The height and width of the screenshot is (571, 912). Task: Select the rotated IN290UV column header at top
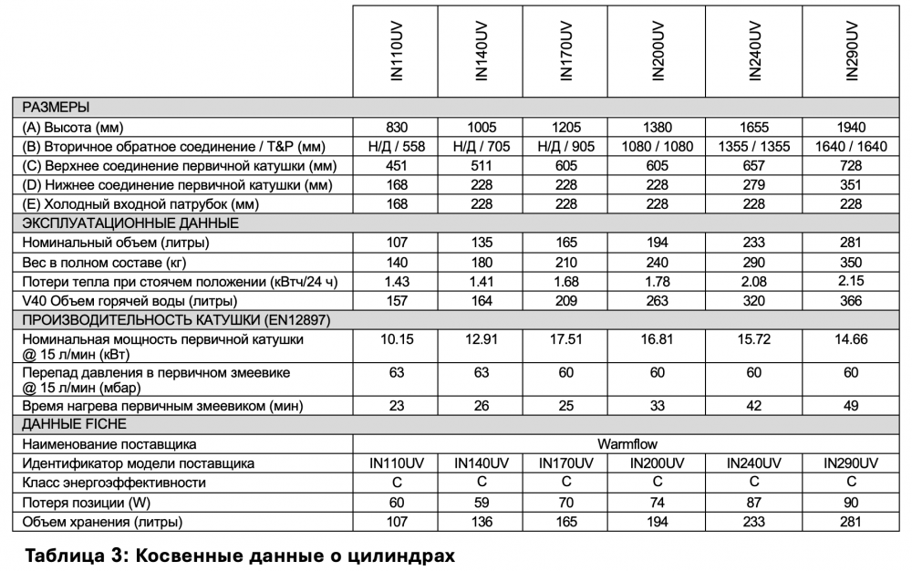point(852,52)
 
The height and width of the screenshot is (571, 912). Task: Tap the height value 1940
point(851,127)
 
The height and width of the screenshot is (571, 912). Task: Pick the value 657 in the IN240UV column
point(754,165)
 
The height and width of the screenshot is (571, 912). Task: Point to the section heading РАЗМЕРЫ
point(56,107)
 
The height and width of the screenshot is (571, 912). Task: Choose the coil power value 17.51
point(566,338)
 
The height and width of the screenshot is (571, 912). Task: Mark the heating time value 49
point(851,405)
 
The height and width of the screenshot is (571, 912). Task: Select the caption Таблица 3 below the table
point(239,555)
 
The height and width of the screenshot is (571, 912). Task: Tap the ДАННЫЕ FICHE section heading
point(74,424)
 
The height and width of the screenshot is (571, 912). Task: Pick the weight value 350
point(851,262)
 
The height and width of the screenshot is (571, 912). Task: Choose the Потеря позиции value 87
point(754,502)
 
